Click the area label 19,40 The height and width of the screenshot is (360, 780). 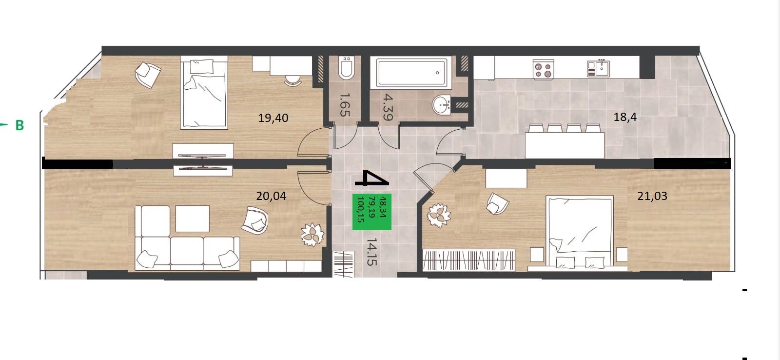pos(273,118)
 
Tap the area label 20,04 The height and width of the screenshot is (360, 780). pos(271,196)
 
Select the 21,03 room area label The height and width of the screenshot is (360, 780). pos(652,196)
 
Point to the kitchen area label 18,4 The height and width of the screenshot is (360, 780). pos(625,117)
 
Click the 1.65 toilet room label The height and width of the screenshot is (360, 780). pos(344,104)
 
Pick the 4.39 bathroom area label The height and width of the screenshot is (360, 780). pos(388,107)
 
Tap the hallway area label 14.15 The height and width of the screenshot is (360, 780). pos(372,252)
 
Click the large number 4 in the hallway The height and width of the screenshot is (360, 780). pos(371,178)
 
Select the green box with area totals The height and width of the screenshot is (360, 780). pos(372,212)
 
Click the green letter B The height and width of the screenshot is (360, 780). pos(20,125)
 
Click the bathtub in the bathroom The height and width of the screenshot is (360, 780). pos(411,73)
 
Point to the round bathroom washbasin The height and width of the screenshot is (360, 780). pos(442,104)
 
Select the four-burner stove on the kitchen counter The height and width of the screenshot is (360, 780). pos(543,69)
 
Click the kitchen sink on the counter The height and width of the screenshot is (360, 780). pos(598,68)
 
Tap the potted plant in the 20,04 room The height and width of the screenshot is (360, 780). pos(312,235)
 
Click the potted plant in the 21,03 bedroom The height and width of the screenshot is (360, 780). pos(439,216)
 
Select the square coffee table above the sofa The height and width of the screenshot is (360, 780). pos(192,219)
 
